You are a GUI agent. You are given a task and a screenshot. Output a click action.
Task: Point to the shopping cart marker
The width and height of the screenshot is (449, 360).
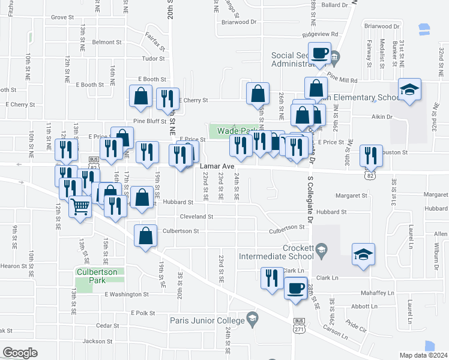click(80, 208)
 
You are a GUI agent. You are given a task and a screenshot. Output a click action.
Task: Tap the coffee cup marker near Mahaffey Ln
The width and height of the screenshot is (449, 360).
click(295, 289)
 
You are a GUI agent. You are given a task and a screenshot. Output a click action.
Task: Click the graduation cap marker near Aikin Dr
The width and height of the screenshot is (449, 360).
click(410, 90)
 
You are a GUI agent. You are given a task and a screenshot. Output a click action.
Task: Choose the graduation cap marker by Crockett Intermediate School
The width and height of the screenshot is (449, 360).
click(363, 254)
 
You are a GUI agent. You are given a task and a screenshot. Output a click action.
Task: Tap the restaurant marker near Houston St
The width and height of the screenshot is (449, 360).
click(371, 156)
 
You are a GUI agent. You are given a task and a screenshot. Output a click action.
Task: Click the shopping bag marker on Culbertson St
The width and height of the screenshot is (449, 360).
click(146, 236)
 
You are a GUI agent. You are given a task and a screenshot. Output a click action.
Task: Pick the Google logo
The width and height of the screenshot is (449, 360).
click(20, 353)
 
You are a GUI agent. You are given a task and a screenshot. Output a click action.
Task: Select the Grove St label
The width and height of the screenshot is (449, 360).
click(62, 17)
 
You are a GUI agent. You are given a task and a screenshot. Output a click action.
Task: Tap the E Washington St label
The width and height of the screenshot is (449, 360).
click(126, 295)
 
